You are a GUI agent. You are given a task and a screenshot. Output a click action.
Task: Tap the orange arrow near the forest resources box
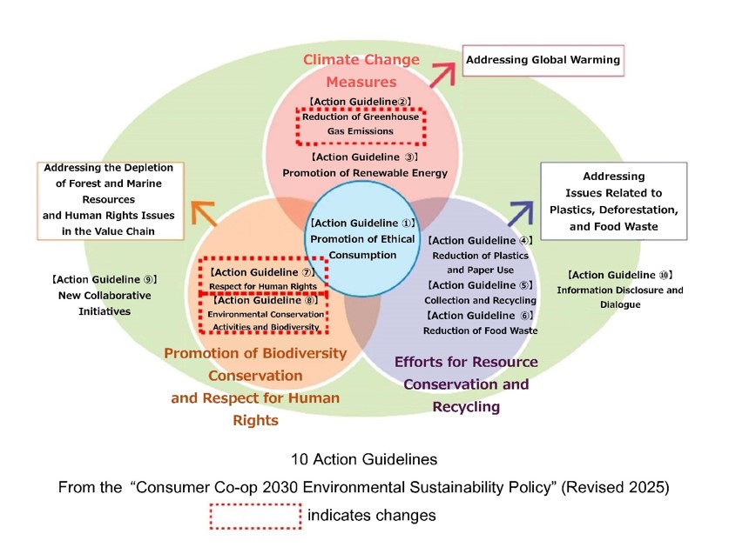pyautogui.click(x=202, y=214)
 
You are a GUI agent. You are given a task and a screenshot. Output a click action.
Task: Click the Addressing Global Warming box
pyautogui.click(x=543, y=60)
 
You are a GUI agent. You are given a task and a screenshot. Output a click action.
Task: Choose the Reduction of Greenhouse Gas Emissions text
pyautogui.click(x=361, y=123)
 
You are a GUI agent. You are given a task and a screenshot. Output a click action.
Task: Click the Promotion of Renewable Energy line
pyautogui.click(x=365, y=173)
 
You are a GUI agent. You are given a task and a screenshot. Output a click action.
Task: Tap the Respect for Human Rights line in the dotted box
pyautogui.click(x=264, y=285)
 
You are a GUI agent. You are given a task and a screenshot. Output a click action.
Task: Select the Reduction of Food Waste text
pyautogui.click(x=480, y=330)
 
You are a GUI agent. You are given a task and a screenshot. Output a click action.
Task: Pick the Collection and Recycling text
pyautogui.click(x=480, y=300)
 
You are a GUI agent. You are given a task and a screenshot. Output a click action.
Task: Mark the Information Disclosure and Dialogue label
pyautogui.click(x=620, y=297)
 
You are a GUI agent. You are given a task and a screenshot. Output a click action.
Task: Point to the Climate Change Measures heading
pyautogui.click(x=361, y=70)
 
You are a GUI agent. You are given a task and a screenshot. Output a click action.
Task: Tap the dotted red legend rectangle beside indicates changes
pyautogui.click(x=254, y=516)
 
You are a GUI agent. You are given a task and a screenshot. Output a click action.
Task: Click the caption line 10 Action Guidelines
pyautogui.click(x=363, y=458)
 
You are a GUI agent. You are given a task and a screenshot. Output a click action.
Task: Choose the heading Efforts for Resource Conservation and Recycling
pyautogui.click(x=466, y=384)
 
